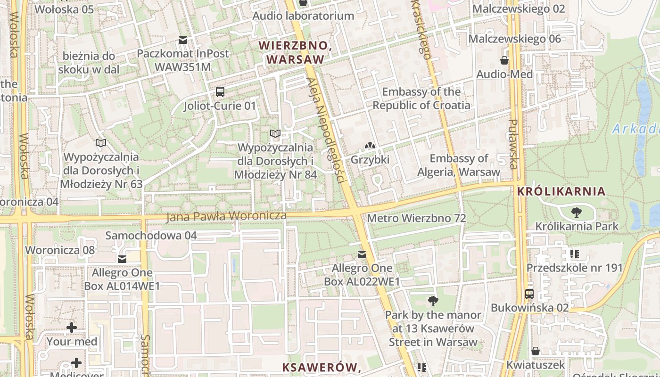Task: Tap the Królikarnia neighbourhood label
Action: point(561,191)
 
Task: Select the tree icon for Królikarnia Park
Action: point(576,213)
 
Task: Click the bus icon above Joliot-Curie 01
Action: point(220,92)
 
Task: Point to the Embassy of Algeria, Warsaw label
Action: point(458,165)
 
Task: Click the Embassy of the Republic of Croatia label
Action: point(421,98)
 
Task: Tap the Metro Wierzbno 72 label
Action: point(416,218)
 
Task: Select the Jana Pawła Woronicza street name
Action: point(226,216)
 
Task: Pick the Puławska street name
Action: point(513,144)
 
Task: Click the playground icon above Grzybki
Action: point(370,147)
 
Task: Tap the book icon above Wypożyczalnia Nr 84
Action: point(275,134)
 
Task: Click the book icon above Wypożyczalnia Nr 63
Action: point(101,143)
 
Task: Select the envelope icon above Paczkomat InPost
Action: point(182,40)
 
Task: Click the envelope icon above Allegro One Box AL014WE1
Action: point(122,259)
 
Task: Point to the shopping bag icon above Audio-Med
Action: point(504,60)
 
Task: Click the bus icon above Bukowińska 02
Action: point(529,294)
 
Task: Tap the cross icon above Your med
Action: point(72,327)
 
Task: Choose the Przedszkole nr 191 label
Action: point(574,268)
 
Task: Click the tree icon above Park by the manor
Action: point(433,301)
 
